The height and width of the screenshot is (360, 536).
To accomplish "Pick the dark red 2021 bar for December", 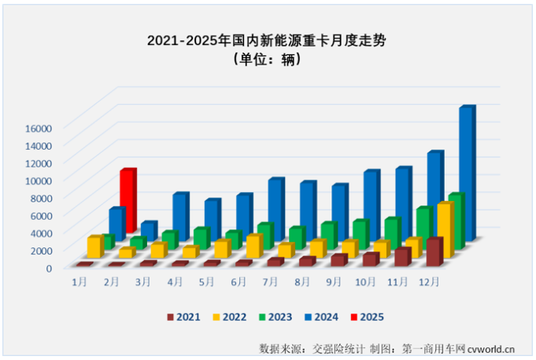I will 433,251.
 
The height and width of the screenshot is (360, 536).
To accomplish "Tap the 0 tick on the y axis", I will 48,267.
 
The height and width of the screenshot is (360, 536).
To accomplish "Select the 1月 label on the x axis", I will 79,281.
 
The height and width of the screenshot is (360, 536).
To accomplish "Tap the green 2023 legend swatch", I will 261,317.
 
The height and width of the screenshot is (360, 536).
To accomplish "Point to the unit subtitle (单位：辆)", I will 268,59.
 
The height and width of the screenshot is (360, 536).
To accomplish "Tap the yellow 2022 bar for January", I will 94,247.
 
